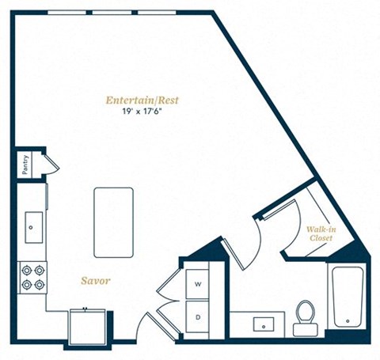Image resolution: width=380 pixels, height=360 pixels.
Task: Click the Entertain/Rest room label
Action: [142, 100]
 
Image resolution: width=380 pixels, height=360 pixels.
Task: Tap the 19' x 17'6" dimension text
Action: [142, 112]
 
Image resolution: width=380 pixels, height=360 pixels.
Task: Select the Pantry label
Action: [25, 165]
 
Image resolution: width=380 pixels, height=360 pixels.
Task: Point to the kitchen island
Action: [113, 222]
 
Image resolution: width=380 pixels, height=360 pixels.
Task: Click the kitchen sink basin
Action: [34, 227]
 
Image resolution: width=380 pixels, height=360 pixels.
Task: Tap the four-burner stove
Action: [32, 278]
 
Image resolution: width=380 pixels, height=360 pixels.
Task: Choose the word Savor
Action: [95, 281]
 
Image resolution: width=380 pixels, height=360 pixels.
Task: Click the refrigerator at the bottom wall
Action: [87, 327]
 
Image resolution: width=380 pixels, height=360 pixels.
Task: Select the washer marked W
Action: [197, 284]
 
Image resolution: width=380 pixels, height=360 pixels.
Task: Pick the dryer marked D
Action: [197, 317]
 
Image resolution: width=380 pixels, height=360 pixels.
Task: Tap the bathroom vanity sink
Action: [264, 324]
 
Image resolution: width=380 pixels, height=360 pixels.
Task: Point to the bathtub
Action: [348, 297]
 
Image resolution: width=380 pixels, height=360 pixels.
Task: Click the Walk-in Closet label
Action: [321, 233]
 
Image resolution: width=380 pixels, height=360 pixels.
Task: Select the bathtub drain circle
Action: [348, 321]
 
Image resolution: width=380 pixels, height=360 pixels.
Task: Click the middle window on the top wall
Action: [112, 13]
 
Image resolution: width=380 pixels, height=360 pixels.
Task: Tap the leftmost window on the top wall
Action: [67, 13]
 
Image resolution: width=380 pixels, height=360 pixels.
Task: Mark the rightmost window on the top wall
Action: [157, 13]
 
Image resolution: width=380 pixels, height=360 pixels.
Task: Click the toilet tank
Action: [306, 330]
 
